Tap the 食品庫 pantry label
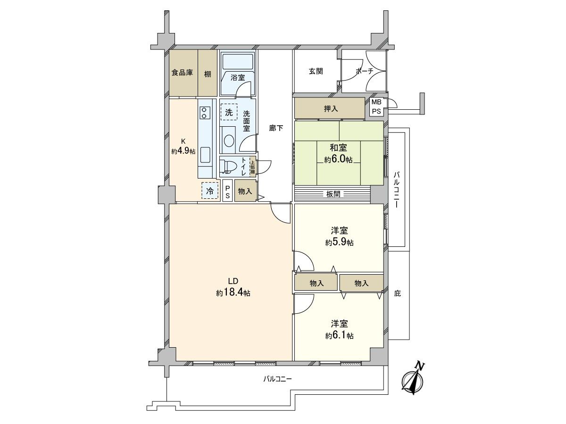click(x=182, y=73)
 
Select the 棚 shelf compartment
click(x=208, y=73)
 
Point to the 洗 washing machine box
click(x=229, y=112)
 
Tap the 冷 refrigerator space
click(x=210, y=191)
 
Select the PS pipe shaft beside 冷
click(x=227, y=191)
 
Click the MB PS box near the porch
click(x=376, y=106)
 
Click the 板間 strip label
click(x=333, y=194)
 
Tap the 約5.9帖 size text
click(x=339, y=243)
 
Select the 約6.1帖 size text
click(x=339, y=335)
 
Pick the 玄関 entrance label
click(x=316, y=71)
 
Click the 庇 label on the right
click(x=397, y=293)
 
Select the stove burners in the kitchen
click(x=205, y=112)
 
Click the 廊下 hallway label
click(x=276, y=127)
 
